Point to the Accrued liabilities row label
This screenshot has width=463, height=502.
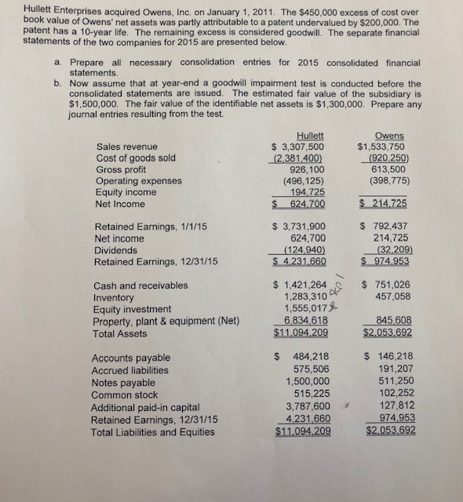tap(131, 370)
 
